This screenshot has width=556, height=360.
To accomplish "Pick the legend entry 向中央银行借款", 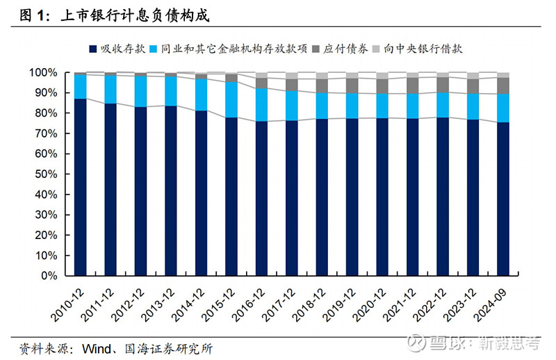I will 424,49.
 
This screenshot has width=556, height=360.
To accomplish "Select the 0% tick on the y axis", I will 50,276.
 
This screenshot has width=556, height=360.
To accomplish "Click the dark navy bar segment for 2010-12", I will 81,188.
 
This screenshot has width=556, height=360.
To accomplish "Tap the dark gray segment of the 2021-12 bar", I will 412,85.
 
